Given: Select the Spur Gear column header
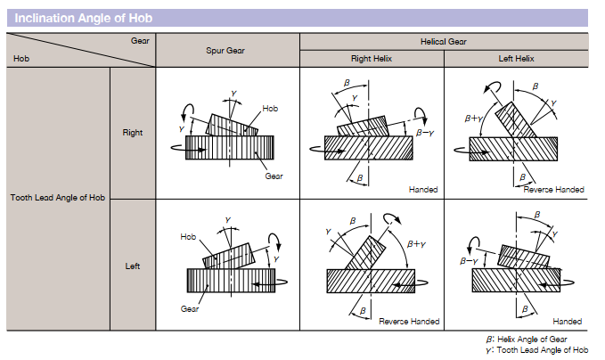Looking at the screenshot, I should [226, 50].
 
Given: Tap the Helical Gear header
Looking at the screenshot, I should [443, 41].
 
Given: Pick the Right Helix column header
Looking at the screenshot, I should [371, 59].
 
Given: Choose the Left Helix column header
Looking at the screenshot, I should [516, 59].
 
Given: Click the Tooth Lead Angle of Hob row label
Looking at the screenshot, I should [58, 198].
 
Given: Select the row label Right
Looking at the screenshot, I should [132, 133].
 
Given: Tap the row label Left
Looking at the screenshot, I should [132, 266].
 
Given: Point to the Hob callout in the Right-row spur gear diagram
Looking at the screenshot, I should [270, 108].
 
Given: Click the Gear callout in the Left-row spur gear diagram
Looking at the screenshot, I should [190, 308].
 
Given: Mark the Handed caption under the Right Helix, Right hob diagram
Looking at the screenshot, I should [422, 190].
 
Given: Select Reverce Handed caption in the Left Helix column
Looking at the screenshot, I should [553, 190].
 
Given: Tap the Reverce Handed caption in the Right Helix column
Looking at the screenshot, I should [406, 321].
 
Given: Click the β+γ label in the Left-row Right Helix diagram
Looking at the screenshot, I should [415, 243].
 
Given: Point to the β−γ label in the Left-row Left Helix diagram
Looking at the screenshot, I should [470, 261].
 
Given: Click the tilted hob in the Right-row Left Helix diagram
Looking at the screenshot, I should [514, 120].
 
